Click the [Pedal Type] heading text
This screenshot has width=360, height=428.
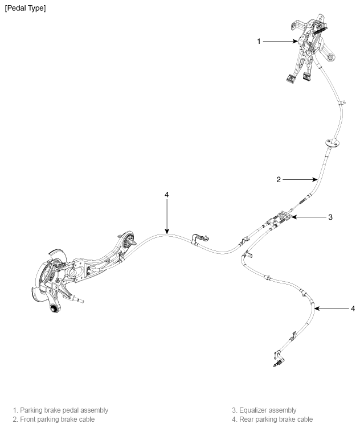tap(25, 8)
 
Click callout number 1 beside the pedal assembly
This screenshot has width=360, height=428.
tap(259, 41)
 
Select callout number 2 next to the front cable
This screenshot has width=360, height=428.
tap(279, 179)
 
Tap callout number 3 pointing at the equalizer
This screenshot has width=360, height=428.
tap(330, 217)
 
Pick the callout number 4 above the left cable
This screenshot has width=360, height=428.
tap(167, 194)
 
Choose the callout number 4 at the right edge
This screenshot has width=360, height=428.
tap(353, 308)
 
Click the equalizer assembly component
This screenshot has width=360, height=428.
tap(281, 217)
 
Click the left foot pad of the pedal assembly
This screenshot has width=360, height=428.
tap(290, 79)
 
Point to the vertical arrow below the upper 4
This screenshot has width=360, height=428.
tap(167, 216)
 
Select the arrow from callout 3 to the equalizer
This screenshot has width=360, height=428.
tap(309, 217)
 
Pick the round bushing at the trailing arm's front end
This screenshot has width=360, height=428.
tap(128, 240)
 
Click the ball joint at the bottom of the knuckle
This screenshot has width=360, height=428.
tap(54, 308)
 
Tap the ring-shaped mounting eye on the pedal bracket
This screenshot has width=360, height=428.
tap(330, 57)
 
